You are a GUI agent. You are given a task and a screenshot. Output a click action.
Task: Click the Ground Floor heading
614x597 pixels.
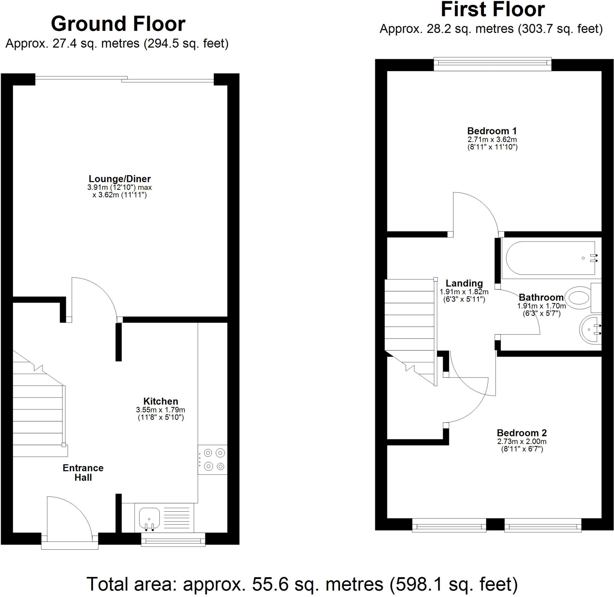click(118, 24)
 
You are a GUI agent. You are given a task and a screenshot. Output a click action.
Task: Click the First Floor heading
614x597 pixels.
click(493, 9)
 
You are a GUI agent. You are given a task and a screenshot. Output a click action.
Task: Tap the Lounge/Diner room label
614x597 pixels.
click(120, 179)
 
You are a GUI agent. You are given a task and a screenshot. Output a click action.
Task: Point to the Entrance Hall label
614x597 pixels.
click(83, 472)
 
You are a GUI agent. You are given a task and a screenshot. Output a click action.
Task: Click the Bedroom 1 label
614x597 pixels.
click(492, 131)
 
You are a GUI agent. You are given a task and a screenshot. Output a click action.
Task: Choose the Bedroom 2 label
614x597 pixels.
click(521, 433)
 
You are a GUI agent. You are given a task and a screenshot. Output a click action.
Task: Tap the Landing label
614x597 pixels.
click(464, 283)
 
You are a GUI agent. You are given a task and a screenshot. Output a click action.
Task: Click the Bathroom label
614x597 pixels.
click(541, 297)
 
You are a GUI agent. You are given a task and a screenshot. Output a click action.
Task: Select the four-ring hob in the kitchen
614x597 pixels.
click(213, 460)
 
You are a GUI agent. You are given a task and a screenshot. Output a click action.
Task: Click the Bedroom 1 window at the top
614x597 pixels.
click(492, 64)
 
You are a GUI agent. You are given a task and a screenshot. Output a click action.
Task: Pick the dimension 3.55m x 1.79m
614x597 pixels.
click(160, 410)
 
